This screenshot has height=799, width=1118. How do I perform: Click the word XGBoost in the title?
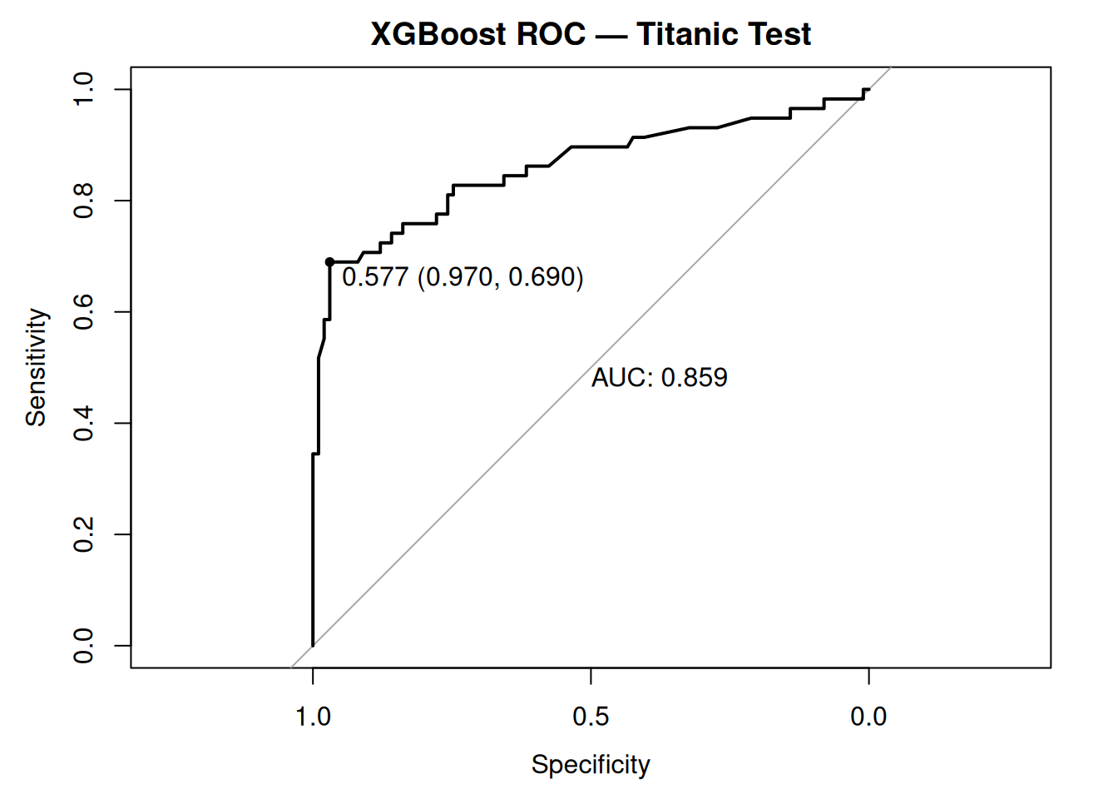click(438, 34)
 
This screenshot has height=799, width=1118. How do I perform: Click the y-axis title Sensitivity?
click(36, 367)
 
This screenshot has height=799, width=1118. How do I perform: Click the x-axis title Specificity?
click(591, 764)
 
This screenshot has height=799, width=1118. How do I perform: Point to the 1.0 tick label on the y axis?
click(84, 89)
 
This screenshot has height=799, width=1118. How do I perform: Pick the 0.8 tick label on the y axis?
click(84, 201)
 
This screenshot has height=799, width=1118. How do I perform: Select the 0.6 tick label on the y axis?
click(84, 312)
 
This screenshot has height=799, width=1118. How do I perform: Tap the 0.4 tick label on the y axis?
click(84, 423)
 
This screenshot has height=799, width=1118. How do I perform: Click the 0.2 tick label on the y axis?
click(84, 534)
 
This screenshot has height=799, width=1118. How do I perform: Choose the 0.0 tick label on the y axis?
click(84, 646)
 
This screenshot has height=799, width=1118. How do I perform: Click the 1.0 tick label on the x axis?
click(313, 717)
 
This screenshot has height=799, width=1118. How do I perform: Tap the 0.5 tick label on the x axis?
click(591, 717)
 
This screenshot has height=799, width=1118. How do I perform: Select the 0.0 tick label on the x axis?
click(868, 717)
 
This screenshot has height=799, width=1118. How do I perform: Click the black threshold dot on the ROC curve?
click(329, 261)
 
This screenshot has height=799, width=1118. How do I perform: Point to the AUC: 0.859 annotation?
click(659, 378)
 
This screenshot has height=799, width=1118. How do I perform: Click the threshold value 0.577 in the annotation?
click(375, 277)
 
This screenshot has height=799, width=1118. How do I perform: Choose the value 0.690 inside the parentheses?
click(542, 277)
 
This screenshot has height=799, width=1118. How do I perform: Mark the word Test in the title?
click(779, 34)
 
